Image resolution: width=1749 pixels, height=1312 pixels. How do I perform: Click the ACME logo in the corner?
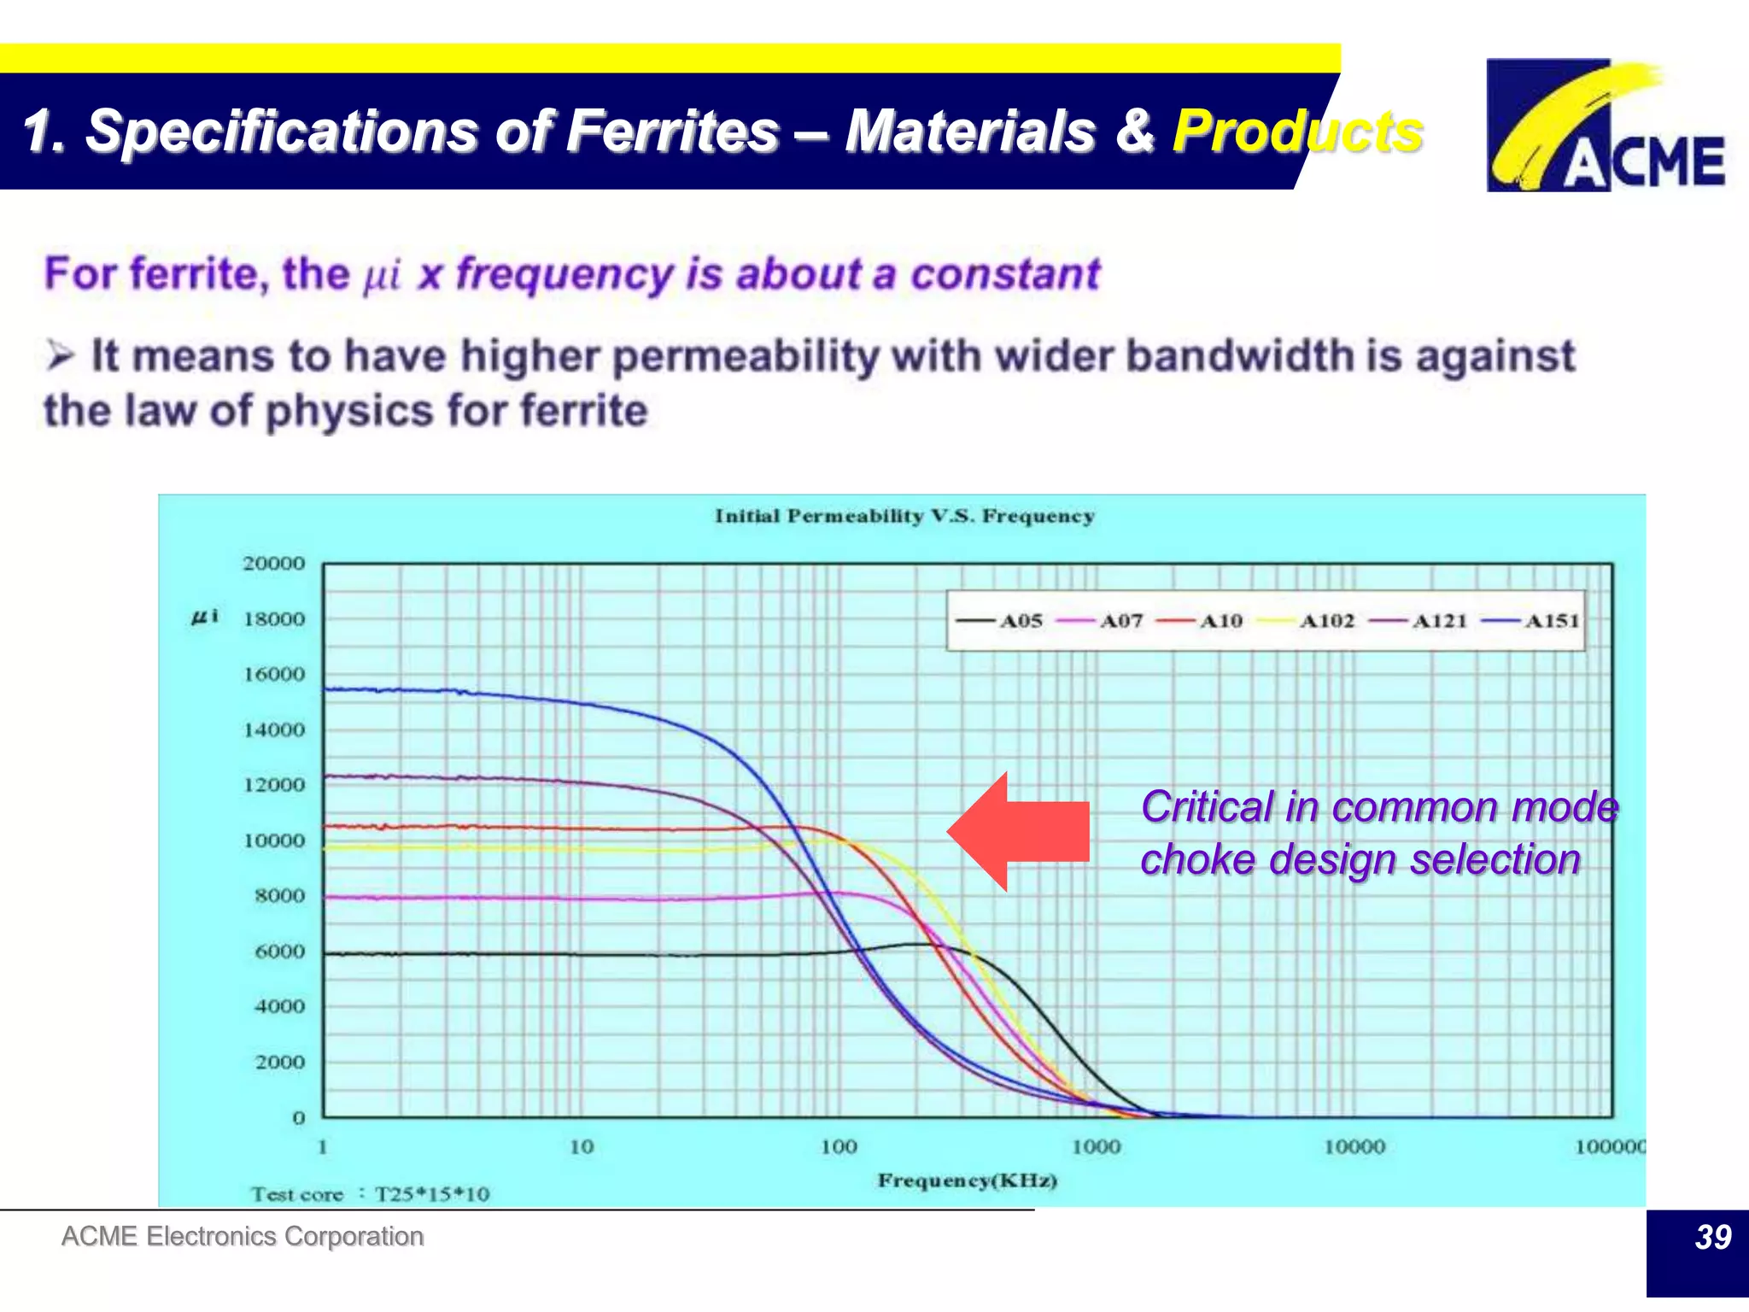(1606, 126)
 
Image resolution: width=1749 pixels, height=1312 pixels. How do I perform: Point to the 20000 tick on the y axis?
(273, 564)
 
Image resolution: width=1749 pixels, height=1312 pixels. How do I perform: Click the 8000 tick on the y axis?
(279, 896)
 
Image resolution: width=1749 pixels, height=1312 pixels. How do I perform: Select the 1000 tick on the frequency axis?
(1097, 1147)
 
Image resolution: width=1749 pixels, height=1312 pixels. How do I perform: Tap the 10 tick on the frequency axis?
(582, 1147)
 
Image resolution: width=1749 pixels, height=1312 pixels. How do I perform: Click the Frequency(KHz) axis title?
(967, 1180)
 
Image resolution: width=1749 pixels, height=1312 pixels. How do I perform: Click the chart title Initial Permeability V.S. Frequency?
(904, 516)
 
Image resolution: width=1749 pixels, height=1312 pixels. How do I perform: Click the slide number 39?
(1711, 1237)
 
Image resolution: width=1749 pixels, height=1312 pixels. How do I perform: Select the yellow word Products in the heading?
(1296, 132)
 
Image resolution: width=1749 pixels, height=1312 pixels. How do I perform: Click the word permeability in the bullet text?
(746, 356)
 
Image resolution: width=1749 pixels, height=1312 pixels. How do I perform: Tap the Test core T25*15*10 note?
(370, 1194)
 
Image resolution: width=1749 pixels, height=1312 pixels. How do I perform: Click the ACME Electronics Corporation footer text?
(243, 1236)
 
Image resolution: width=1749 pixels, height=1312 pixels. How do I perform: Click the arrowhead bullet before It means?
(60, 354)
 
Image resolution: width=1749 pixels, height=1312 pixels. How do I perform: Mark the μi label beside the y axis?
(205, 616)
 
